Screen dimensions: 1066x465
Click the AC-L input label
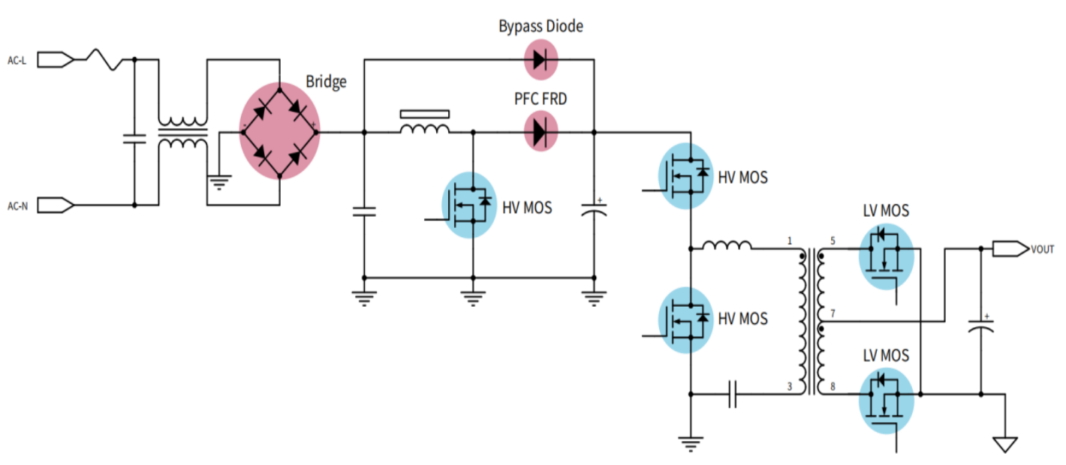coord(17,61)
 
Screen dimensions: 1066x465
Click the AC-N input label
coord(17,205)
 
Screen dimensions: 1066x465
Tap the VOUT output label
coord(1042,249)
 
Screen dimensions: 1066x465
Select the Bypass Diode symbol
coord(541,60)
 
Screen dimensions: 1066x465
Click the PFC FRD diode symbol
coord(541,131)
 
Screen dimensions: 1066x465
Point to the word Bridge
coord(326,82)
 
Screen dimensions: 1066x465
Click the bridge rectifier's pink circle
coord(279,131)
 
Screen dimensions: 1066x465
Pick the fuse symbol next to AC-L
coord(104,59)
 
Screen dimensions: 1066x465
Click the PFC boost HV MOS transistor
coord(469,205)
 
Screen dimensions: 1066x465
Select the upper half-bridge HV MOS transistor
coord(685,176)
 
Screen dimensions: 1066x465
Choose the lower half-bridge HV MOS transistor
coord(685,320)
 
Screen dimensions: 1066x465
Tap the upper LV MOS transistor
coord(886,256)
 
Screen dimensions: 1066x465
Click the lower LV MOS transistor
coord(886,400)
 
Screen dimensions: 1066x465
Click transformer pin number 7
coord(833,313)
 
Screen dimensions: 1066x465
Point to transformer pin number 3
coord(790,386)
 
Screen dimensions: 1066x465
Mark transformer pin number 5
coord(833,241)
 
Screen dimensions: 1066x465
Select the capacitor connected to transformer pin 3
coord(733,394)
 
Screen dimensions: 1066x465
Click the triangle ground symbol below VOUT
coord(1005,445)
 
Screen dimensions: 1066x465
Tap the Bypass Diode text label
coord(541,26)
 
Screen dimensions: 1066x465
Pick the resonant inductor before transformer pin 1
coord(727,245)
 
